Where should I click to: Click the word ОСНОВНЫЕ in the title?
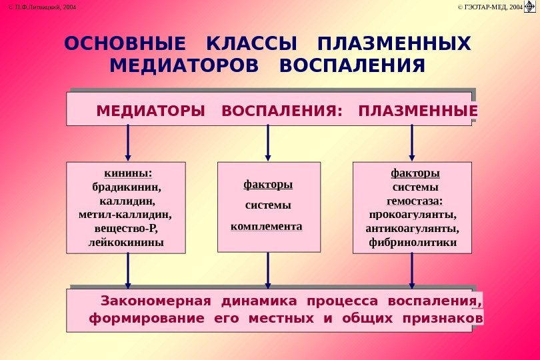coord(125,45)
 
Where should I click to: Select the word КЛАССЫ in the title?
coord(252,45)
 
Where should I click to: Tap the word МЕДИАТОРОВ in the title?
coord(184,67)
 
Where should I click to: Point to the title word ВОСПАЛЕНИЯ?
coord(353,67)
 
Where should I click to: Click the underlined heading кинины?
coord(127,173)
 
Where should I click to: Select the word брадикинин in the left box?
coord(127,187)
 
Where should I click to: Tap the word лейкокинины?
coord(127,243)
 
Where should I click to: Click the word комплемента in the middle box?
coord(266,227)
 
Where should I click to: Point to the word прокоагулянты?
coord(413,215)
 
